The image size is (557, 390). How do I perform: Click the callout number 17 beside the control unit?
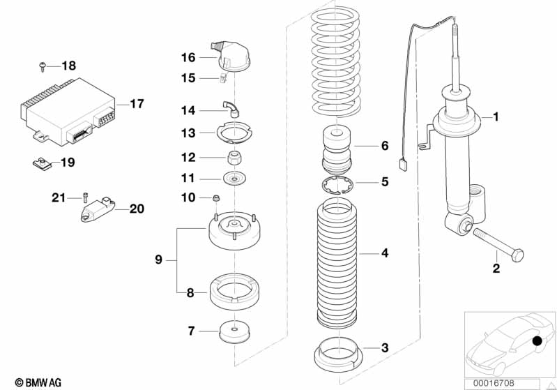point(137,104)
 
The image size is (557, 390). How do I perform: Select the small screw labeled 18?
point(43,66)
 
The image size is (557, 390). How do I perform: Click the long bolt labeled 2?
point(497,245)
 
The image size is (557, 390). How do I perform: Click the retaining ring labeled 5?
point(337,186)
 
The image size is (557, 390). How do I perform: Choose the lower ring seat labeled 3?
point(337,352)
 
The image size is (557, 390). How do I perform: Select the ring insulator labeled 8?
point(235,291)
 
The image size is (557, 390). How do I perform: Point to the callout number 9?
point(158,260)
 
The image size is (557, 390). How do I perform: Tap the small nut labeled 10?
point(216,197)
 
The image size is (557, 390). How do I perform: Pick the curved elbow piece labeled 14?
point(230,108)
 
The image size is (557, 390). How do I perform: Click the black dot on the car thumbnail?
point(537,341)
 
